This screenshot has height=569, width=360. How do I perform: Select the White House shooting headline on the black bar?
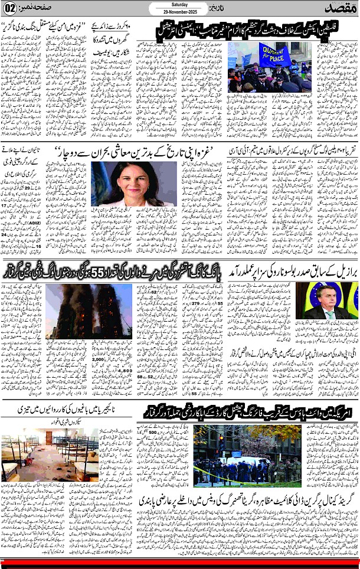pyautogui.click(x=247, y=413)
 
